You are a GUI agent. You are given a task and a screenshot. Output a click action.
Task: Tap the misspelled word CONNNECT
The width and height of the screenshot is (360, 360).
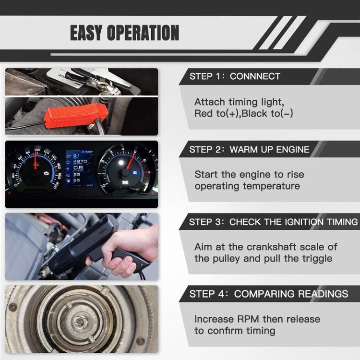[x=255, y=76]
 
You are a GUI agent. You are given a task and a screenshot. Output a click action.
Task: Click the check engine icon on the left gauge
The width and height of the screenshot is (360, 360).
[x=46, y=171]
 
